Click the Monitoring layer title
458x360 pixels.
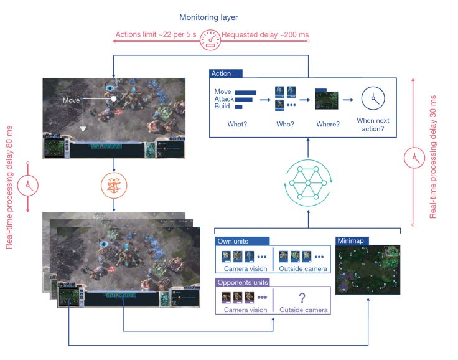209,17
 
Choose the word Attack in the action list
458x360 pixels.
224,99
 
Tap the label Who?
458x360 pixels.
286,124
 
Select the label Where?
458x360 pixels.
327,124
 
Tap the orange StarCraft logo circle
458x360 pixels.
113,186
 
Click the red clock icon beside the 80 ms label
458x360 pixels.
28,185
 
